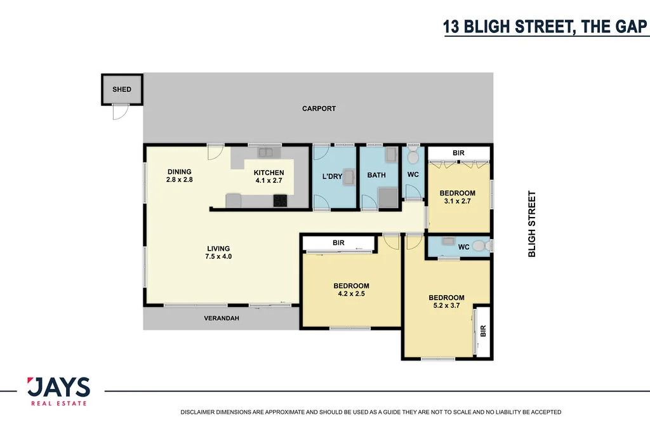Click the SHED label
click(122, 89)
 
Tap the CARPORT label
click(319, 109)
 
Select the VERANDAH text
click(221, 318)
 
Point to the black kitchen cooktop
click(280, 201)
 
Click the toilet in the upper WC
click(413, 155)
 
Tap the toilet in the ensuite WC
click(480, 246)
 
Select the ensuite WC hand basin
click(449, 242)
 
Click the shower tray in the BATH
click(387, 198)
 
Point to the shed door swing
click(119, 112)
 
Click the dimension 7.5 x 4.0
click(218, 257)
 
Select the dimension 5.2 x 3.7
click(446, 306)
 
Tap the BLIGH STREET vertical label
click(532, 224)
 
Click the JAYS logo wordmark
click(58, 387)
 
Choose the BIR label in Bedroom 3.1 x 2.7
click(458, 154)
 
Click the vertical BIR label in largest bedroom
click(483, 331)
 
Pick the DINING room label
click(179, 172)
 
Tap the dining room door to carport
click(215, 153)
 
